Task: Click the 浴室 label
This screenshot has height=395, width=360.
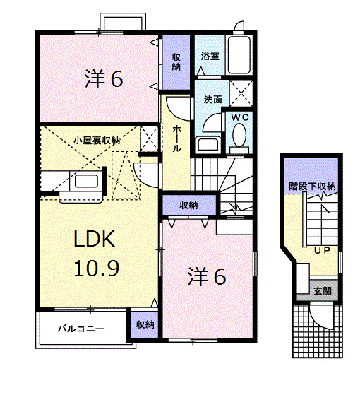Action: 209,55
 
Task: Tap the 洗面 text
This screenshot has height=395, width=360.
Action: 212,100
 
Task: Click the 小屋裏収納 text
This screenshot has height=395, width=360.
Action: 97,141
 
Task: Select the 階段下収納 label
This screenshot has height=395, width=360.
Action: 311,186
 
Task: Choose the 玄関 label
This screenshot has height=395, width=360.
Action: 323,290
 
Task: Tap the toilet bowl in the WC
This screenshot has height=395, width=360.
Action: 239,135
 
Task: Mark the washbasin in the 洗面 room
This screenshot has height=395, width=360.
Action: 208,145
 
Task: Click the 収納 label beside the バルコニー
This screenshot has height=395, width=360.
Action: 145,325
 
